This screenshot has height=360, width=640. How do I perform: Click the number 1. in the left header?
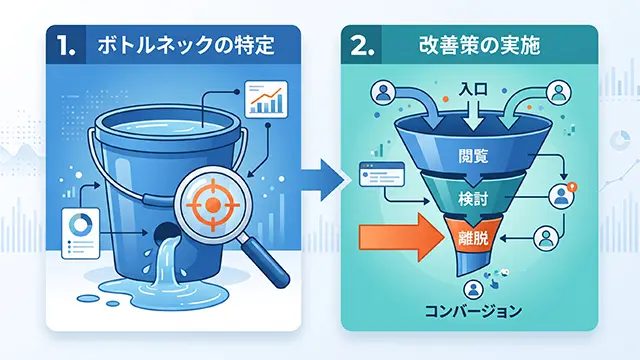click(66, 45)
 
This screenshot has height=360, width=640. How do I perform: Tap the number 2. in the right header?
click(362, 45)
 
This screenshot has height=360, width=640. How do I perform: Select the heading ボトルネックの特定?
click(186, 45)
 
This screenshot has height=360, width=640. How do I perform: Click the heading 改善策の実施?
click(480, 45)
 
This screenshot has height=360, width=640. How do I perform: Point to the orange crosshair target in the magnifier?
click(212, 204)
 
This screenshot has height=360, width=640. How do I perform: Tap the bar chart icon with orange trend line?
click(266, 98)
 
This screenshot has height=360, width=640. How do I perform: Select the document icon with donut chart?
click(80, 233)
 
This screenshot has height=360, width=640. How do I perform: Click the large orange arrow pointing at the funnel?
click(401, 238)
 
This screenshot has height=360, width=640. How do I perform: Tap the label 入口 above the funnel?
click(473, 89)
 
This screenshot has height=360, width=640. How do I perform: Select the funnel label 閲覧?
click(473, 156)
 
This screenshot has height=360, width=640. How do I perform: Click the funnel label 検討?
click(473, 200)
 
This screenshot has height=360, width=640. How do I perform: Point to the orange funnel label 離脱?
click(473, 238)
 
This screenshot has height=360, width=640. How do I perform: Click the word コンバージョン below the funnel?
click(473, 311)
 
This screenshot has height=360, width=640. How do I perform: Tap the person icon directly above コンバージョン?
click(473, 289)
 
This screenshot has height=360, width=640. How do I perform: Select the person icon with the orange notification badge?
click(562, 195)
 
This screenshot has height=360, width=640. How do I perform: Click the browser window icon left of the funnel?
click(382, 174)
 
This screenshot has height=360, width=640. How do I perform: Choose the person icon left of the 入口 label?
click(383, 92)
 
